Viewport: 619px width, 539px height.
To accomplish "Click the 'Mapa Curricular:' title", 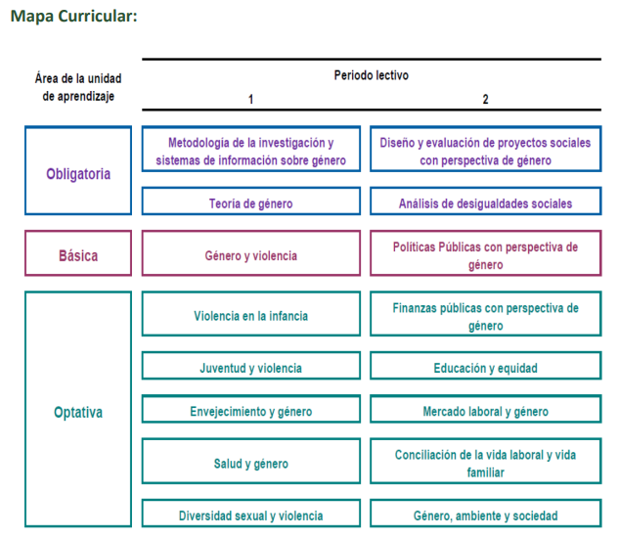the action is pyautogui.click(x=73, y=17).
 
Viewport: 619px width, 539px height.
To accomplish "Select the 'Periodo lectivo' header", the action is pyautogui.click(x=371, y=75).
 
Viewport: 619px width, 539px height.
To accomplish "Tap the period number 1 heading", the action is pyautogui.click(x=250, y=99).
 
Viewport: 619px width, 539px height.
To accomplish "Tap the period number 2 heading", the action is pyautogui.click(x=486, y=99).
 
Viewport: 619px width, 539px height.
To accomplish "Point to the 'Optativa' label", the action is pyautogui.click(x=78, y=412).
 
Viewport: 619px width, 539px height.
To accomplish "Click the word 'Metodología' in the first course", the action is pyautogui.click(x=199, y=143).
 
